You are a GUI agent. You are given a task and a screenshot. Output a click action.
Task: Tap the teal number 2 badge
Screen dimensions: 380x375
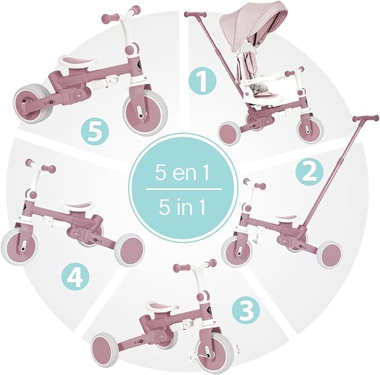coord(309,172)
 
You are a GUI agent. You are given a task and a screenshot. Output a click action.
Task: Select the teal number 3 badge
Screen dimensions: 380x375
coord(246,311)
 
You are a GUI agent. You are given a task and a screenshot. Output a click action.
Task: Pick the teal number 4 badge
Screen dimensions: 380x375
coord(76,277)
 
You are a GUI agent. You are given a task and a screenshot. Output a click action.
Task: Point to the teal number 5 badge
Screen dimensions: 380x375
coord(95,131)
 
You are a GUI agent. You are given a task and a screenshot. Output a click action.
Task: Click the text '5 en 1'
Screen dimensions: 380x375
coord(182,173)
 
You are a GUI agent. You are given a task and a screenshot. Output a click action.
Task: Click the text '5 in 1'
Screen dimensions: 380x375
coord(182,207)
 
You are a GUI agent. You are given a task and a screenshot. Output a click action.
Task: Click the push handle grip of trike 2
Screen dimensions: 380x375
coord(365,118)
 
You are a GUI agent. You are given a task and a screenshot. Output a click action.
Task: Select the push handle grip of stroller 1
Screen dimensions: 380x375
coord(195,15)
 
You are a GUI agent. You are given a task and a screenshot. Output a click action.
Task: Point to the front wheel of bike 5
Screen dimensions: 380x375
coord(145,112)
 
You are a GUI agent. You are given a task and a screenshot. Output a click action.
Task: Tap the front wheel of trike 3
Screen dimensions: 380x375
coord(212,351)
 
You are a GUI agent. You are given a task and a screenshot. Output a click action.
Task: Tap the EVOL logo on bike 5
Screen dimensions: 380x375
coord(50,103)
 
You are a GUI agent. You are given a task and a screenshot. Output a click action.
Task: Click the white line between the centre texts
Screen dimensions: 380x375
coord(184,189)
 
